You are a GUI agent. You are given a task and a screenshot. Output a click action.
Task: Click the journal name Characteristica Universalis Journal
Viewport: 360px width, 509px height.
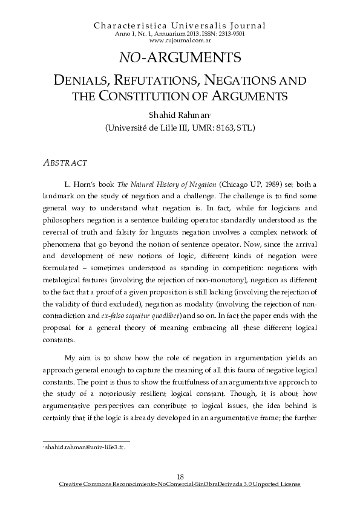pos(180,25)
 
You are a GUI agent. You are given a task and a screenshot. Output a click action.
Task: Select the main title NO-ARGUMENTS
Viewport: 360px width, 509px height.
pos(180,57)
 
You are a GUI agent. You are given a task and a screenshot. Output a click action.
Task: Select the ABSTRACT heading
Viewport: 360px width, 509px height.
pos(67,163)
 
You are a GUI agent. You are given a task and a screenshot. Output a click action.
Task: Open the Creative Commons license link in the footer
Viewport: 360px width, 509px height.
pos(180,485)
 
